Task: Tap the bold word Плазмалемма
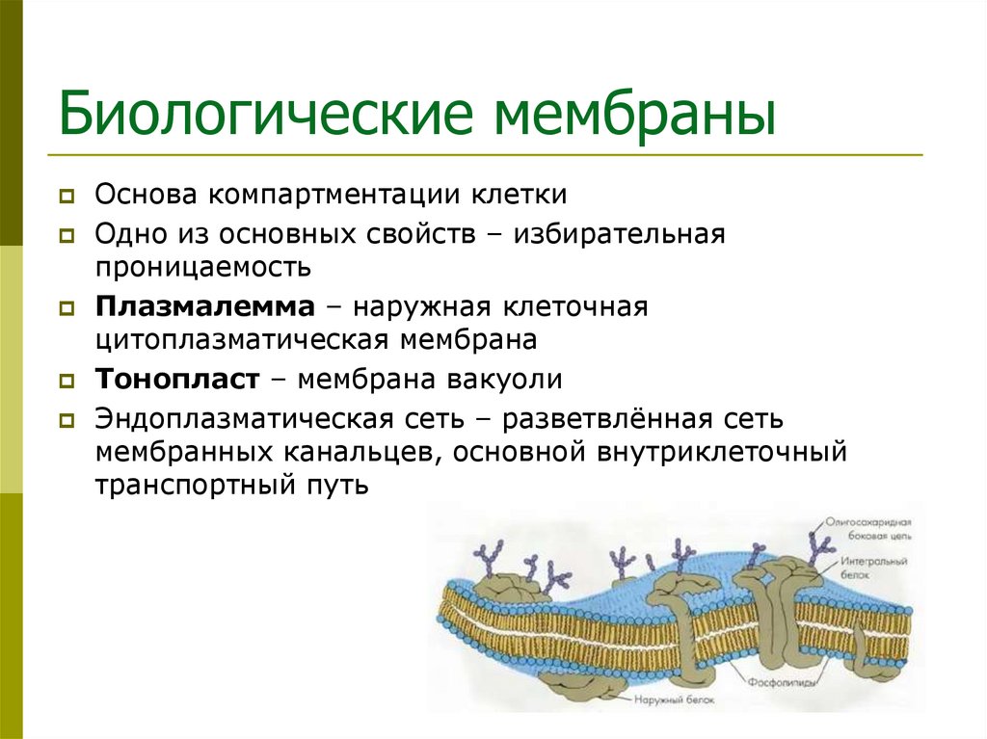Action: (x=204, y=307)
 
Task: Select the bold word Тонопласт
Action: (x=177, y=379)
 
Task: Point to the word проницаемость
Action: (x=202, y=266)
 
